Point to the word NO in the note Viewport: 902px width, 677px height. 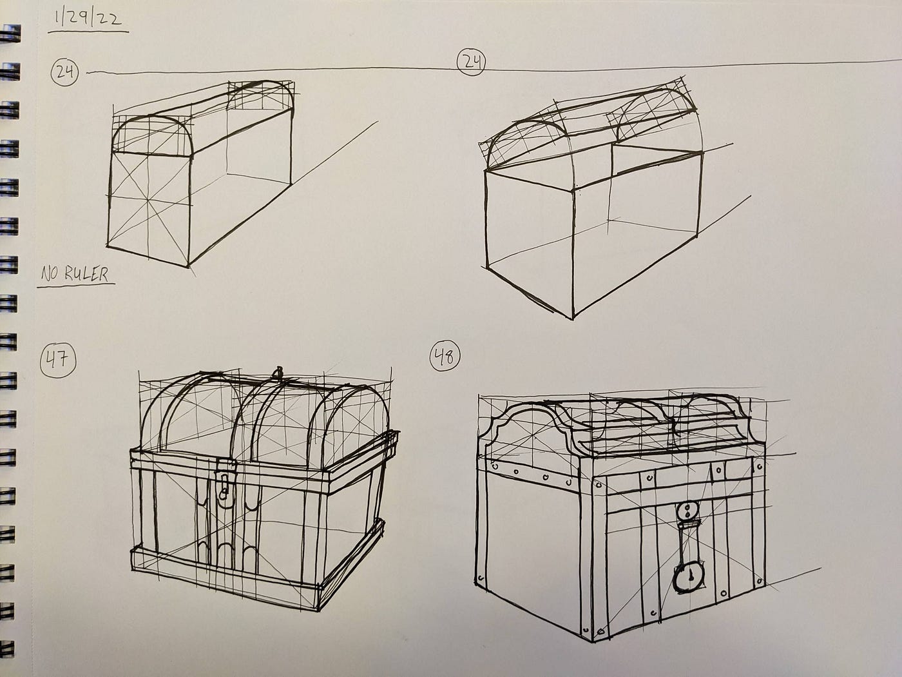click(50, 274)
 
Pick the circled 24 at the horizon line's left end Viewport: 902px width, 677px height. click(64, 72)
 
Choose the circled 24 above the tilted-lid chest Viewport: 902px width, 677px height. click(471, 63)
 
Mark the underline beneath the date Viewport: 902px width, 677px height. click(88, 31)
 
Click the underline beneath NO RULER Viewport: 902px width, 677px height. click(76, 285)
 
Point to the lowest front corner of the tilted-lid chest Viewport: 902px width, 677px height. click(573, 319)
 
